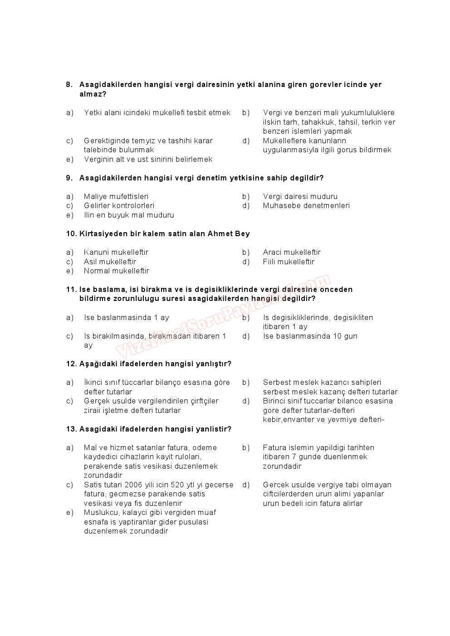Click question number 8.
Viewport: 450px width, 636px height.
[x=69, y=85]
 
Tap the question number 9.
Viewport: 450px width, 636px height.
[x=69, y=178]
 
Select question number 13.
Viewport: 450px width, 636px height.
[x=71, y=429]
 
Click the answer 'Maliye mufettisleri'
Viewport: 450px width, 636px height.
[x=116, y=197]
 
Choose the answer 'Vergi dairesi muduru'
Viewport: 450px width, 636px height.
[x=300, y=197]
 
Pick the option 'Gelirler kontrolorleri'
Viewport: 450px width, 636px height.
[x=119, y=206]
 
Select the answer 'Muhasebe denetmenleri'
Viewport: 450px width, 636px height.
[x=306, y=206]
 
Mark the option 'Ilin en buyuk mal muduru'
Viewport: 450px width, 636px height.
[x=129, y=215]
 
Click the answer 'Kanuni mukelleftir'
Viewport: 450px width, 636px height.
[x=116, y=252]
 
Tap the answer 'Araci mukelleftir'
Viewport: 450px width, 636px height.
[x=292, y=252]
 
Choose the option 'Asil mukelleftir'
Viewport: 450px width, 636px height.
[x=110, y=262]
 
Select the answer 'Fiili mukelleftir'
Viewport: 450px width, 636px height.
[x=289, y=262]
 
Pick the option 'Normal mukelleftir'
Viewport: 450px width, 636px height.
[x=117, y=271]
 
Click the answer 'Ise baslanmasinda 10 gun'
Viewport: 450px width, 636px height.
[x=310, y=336]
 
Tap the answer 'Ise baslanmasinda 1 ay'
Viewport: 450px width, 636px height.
[x=127, y=318]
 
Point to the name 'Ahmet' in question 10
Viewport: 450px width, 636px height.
[x=220, y=234]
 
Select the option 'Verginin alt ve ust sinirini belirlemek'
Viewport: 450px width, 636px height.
[x=148, y=160]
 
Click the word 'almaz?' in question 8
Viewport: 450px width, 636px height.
[x=93, y=94]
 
